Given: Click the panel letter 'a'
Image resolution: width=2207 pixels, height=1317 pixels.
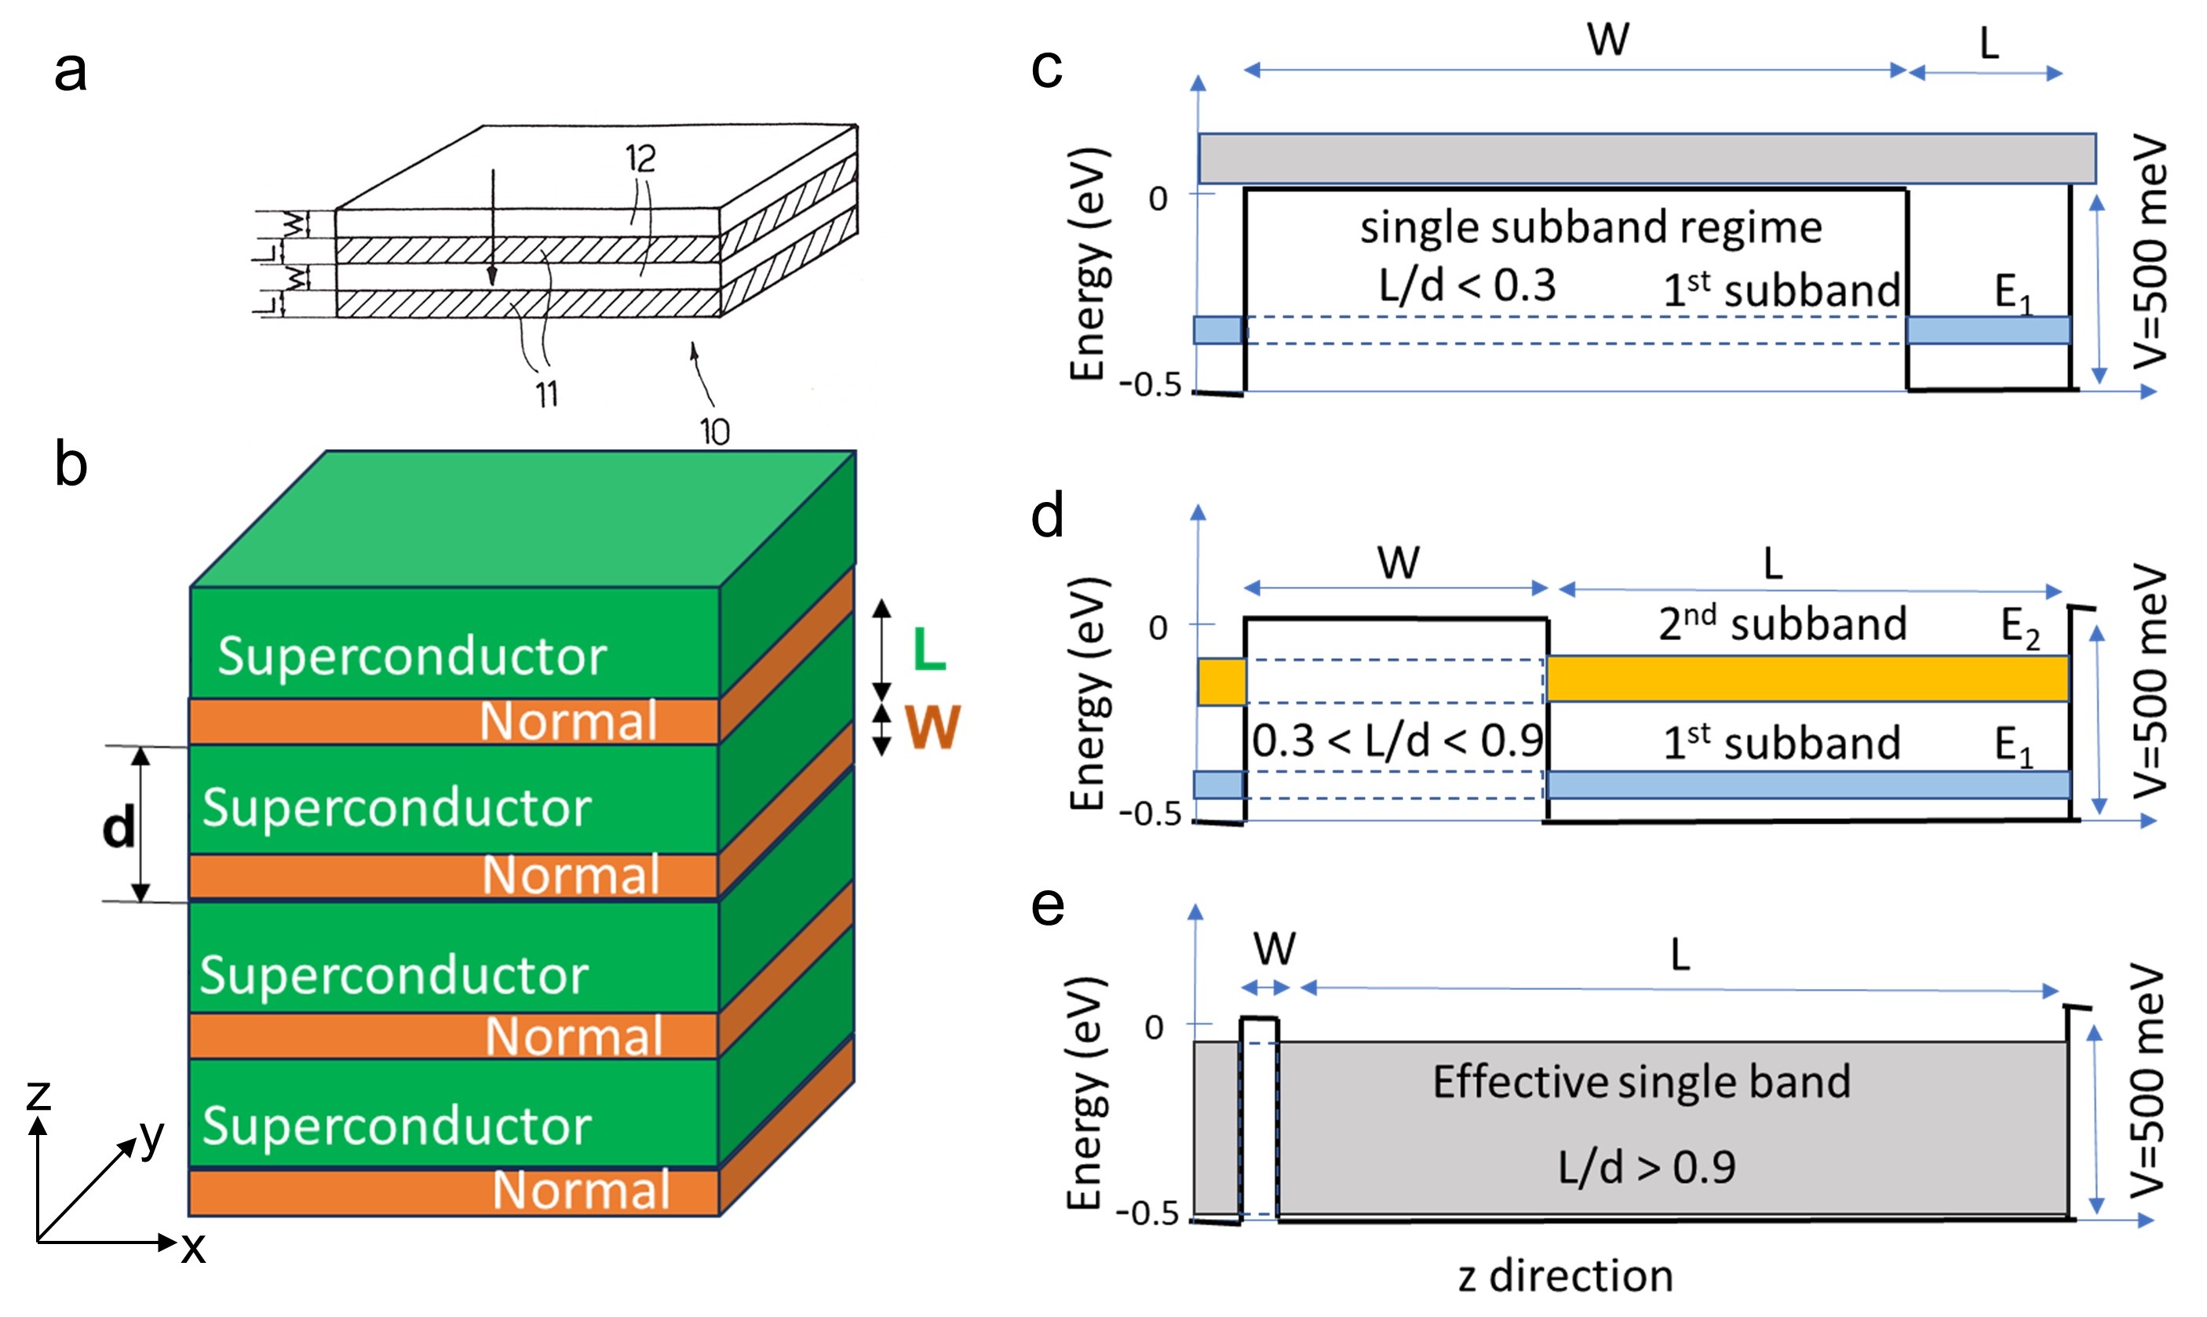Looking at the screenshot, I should tap(70, 71).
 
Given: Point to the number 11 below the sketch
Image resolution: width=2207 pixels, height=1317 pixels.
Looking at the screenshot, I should tap(546, 393).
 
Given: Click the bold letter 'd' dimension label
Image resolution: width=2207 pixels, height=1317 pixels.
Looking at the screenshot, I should tap(119, 826).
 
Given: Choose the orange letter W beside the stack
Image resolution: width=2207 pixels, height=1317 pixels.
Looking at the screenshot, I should tap(932, 728).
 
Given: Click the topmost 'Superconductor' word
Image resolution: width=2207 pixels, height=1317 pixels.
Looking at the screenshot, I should tap(412, 657).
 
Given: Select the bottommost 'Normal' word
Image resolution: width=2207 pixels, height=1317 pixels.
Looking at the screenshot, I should tap(581, 1190).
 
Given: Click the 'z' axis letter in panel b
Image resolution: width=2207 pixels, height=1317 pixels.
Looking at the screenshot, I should tap(38, 1094).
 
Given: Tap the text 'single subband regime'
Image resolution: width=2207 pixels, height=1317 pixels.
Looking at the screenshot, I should tap(1591, 227).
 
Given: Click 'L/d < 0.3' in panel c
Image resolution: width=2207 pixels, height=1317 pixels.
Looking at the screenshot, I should tap(1468, 286).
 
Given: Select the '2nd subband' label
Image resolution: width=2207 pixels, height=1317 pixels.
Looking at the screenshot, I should tap(1782, 623).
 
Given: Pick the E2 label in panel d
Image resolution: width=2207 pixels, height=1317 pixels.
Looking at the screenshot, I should tap(2019, 627).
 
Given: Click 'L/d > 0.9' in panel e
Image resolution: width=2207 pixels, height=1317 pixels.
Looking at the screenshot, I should tap(1647, 1167).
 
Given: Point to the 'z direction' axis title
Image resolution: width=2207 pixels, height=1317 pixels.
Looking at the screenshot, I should tap(1565, 1276).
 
